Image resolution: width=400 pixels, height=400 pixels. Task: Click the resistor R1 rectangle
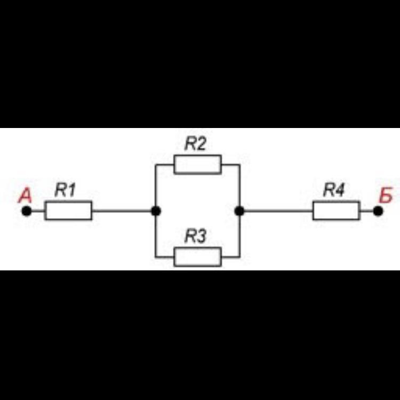pos(68,211)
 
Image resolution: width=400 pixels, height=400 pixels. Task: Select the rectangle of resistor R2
pos(197,164)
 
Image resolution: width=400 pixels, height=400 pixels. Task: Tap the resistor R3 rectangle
pos(197,257)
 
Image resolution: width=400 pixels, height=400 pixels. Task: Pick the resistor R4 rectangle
pos(336,211)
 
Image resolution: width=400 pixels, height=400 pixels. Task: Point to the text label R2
pos(196,144)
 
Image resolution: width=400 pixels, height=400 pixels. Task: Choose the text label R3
pos(196,237)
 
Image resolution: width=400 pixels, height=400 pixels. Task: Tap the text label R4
pos(334,190)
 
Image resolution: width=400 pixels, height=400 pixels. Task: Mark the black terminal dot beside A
pos(26,211)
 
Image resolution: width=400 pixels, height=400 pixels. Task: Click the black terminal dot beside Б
pos(378,211)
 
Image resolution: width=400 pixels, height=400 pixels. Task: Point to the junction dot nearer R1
pos(156,211)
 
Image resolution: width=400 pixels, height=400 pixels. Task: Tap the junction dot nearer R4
pos(239,211)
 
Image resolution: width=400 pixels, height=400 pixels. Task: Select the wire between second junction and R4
pos(276,211)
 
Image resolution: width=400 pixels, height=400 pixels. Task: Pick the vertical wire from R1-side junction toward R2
pos(156,187)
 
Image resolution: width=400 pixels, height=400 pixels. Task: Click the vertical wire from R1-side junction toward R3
pos(156,235)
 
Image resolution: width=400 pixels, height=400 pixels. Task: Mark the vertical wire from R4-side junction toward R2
pos(239,187)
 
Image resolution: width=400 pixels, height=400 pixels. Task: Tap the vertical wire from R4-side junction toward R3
pos(239,235)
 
